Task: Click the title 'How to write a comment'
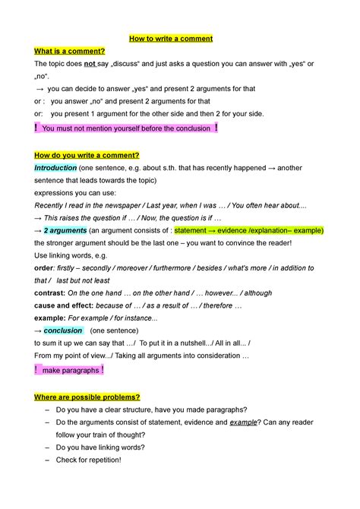pos(180,38)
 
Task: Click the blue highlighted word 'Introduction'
pos(55,168)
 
